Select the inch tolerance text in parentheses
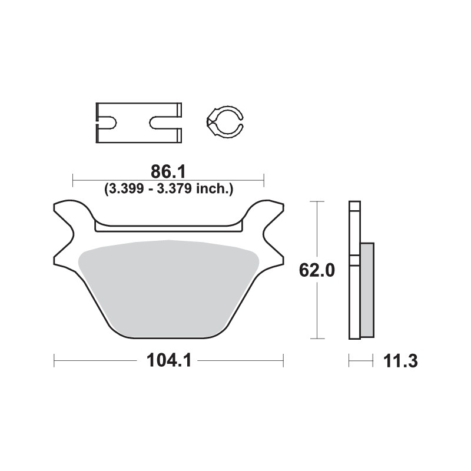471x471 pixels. point(170,189)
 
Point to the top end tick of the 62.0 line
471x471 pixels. point(317,201)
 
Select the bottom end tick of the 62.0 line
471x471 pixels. point(317,339)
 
